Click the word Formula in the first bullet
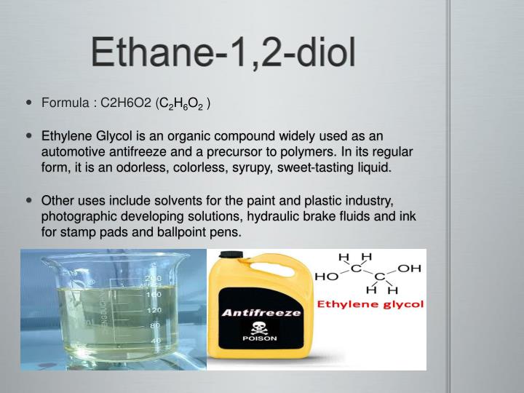pyautogui.click(x=64, y=103)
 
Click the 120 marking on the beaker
pyautogui.click(x=154, y=311)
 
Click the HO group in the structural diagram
pyautogui.click(x=325, y=277)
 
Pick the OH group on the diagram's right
pyautogui.click(x=410, y=268)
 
